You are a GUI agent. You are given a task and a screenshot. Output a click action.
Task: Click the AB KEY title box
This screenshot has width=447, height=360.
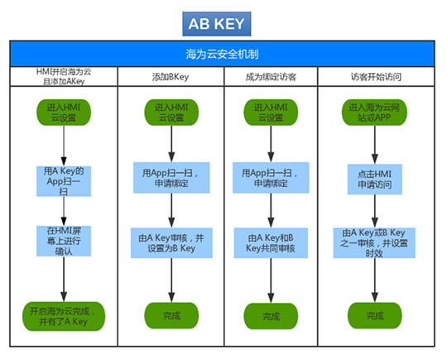pos(217,24)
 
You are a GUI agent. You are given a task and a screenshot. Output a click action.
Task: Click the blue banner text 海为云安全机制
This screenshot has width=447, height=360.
pos(222,54)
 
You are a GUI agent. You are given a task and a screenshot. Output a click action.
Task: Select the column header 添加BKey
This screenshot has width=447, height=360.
pos(171,77)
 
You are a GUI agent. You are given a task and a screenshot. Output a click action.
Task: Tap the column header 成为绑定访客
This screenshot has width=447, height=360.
pos(271,77)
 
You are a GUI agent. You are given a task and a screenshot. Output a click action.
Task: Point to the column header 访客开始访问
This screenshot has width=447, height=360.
pos(376,77)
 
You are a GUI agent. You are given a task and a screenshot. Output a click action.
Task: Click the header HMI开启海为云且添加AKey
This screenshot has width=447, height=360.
pos(64,76)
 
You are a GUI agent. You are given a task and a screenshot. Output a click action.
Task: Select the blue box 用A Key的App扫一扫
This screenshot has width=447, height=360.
pos(64,181)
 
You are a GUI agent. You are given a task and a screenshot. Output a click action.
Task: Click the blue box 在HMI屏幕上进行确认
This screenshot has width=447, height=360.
pos(64,241)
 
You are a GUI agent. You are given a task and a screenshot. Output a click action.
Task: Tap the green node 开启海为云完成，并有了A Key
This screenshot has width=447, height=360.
pos(64,316)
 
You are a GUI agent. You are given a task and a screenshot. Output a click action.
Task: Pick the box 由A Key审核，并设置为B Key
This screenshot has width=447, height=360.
pos(171,242)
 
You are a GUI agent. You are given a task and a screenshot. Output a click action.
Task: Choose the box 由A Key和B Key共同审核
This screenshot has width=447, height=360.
pos(271,242)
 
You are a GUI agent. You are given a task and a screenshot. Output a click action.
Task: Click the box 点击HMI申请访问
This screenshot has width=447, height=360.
pos(375,180)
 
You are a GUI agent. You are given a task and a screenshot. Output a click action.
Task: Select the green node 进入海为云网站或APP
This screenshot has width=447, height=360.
pos(375,113)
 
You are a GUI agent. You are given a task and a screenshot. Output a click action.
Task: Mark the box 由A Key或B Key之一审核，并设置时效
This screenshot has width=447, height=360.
pos(374,242)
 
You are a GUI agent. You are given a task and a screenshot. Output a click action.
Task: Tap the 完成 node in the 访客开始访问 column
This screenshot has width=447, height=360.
pos(375,315)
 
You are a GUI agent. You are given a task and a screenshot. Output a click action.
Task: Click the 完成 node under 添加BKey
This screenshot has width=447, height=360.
pos(171,315)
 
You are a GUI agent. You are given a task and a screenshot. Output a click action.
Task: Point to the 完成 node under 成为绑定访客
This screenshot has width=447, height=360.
pos(271,316)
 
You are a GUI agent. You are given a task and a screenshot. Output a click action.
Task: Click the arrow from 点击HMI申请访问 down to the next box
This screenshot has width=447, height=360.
pos(375,211)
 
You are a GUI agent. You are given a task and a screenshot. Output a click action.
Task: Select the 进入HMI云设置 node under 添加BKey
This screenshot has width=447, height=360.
pos(171,113)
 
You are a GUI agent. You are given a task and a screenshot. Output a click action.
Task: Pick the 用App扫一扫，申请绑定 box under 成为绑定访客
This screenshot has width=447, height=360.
pos(271,178)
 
